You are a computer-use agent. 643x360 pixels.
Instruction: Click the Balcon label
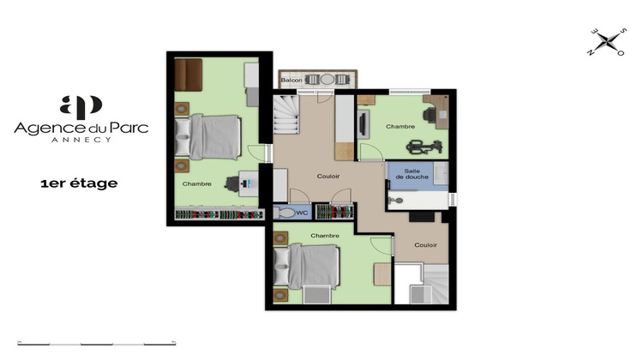291,81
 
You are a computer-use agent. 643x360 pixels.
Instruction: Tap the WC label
300,211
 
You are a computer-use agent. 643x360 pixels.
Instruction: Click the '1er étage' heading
79,183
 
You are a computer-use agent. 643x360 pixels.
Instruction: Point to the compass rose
608,42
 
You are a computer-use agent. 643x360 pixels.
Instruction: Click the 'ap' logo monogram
81,107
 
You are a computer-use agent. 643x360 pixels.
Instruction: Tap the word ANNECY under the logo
81,140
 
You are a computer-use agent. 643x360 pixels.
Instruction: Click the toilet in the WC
284,211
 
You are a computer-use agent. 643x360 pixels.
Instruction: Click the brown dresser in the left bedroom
188,73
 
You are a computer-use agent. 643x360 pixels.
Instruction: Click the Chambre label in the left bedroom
197,183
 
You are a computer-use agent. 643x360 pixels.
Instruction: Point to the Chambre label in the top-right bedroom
400,127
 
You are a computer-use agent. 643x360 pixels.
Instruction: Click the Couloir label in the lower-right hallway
426,244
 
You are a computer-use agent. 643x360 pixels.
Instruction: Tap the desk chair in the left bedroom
234,183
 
